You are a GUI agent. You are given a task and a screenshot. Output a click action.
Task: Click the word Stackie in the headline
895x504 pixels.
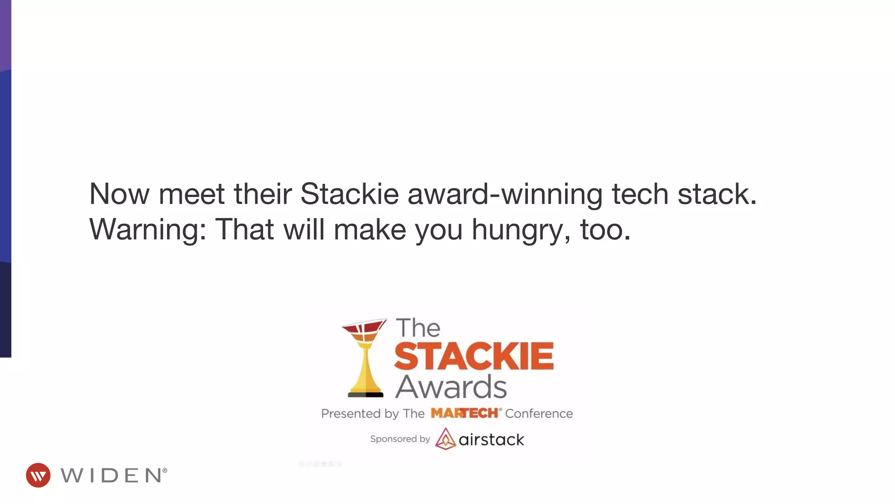(349, 194)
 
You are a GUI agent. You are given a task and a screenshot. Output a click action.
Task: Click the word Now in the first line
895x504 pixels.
(119, 194)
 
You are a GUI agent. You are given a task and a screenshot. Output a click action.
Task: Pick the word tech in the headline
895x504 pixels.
(640, 194)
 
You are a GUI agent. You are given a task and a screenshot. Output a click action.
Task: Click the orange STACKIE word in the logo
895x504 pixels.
(474, 356)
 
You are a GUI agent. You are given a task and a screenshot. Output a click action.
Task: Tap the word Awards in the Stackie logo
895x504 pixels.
(451, 387)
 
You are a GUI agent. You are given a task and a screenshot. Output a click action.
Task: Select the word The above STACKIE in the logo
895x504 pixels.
(418, 328)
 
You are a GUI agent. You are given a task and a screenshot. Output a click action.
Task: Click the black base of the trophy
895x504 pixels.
(366, 395)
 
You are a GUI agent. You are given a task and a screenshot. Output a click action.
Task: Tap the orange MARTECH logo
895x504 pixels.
(464, 413)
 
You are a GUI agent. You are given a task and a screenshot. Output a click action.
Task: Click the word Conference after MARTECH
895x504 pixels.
(539, 413)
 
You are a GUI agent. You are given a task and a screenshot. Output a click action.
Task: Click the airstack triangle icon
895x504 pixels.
(445, 438)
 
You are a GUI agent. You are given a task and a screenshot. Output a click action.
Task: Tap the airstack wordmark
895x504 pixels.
(491, 439)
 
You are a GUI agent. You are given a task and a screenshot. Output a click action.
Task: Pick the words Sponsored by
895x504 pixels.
(400, 439)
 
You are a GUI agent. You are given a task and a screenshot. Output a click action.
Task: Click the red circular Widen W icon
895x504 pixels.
(38, 475)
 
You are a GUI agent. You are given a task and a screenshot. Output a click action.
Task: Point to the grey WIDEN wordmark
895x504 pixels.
(113, 476)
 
